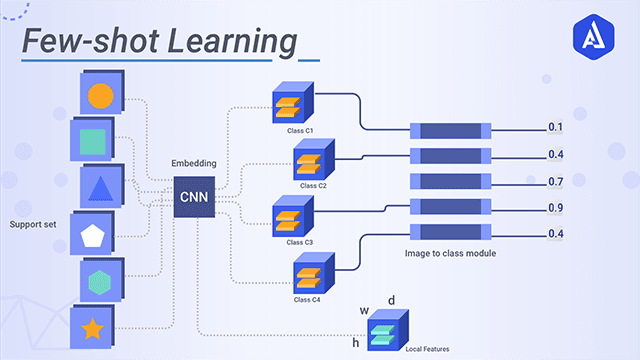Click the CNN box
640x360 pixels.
point(192,197)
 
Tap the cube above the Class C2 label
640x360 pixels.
point(310,160)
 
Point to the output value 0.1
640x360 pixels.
point(556,127)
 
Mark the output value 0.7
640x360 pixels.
point(556,181)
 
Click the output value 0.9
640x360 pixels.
point(556,207)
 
